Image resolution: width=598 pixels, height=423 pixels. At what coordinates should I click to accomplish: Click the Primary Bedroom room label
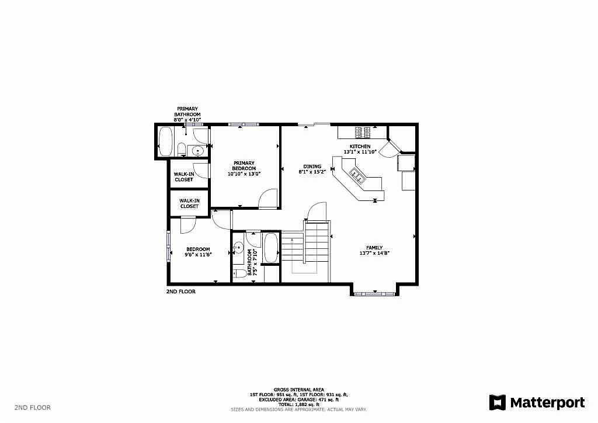pos(244,165)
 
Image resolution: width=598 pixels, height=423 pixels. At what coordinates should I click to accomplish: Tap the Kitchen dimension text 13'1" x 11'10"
pos(360,152)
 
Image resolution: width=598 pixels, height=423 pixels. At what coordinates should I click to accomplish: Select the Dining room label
pos(312,167)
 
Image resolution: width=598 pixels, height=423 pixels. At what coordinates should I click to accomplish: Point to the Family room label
pos(374,248)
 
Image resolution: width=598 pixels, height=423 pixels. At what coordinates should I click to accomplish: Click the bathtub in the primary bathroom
pos(165,141)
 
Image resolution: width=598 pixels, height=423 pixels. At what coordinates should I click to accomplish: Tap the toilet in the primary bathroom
pos(182,149)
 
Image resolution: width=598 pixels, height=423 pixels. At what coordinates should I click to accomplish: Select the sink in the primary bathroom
pos(197,151)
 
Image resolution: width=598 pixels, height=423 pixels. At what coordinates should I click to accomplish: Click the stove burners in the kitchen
pos(363,133)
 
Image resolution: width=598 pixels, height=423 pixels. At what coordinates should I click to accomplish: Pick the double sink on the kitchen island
pos(357,174)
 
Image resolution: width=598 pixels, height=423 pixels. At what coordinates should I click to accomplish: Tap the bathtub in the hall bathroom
pos(271,248)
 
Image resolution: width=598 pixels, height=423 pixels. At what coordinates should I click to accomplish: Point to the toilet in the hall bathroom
pos(240,273)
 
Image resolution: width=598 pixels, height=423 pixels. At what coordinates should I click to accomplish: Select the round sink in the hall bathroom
pos(238,248)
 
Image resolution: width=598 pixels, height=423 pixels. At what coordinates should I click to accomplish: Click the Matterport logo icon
pos(498,403)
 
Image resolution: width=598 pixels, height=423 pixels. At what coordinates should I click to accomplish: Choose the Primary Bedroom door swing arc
pos(266,195)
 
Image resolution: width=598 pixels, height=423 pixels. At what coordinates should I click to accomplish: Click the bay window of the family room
pos(374,294)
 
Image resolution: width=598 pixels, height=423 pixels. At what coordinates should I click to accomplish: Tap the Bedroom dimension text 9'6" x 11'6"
pos(198,255)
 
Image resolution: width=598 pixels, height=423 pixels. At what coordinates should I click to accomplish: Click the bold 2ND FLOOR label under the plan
pos(181,292)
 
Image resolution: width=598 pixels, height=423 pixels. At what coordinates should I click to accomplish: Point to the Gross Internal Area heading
pos(298,390)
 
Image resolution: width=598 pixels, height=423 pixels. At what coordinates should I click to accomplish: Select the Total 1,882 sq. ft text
pos(298,405)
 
